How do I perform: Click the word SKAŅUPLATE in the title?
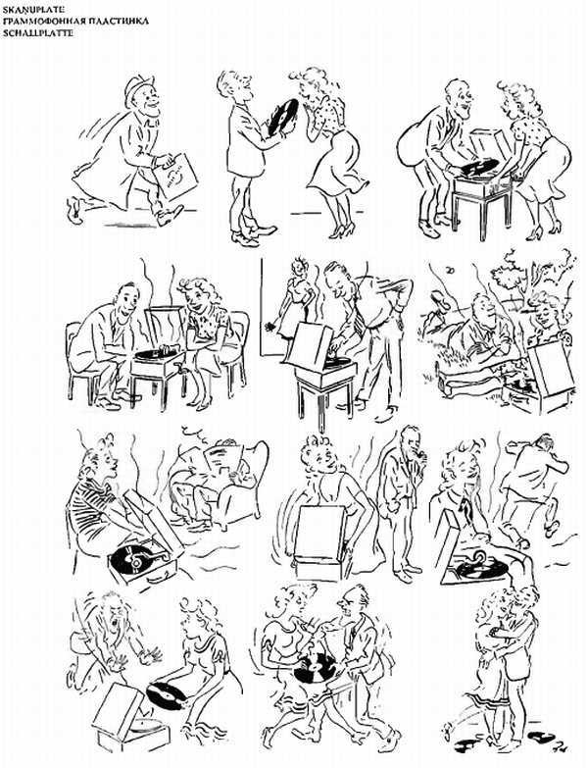[31, 7]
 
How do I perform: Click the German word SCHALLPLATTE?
[37, 31]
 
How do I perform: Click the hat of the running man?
[135, 87]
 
